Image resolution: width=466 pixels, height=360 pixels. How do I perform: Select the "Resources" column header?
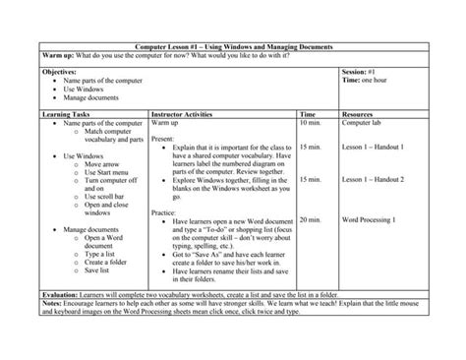pos(359,114)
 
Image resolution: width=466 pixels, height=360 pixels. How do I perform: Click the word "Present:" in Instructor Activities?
pos(164,141)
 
